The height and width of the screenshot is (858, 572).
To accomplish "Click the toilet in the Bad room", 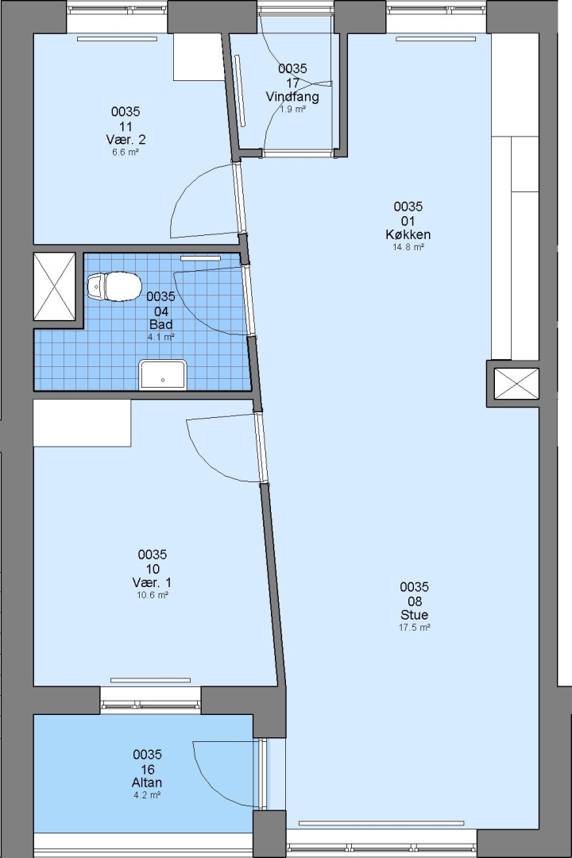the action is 114,286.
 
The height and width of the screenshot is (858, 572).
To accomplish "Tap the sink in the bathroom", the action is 163,374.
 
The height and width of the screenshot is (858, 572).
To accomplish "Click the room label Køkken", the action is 408,234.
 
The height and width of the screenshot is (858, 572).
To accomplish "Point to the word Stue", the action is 415,614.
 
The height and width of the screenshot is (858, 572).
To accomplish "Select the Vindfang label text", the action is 292,97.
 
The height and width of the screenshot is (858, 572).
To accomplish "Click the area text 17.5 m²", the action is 415,628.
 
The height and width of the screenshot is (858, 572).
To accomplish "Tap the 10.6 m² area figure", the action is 153,595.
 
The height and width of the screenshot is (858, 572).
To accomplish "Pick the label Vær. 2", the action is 126,139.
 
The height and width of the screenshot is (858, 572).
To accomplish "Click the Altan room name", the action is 147,783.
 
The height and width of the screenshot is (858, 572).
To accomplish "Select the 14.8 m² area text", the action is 408,247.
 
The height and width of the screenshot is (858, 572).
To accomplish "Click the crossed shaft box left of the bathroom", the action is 54,286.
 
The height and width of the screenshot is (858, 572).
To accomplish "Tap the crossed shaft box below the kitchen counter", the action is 516,384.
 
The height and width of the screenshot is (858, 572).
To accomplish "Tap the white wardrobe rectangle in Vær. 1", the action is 82,423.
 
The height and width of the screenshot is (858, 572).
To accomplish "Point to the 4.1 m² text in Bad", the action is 161,337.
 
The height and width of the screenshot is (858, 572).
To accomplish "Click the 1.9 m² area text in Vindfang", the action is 293,110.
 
